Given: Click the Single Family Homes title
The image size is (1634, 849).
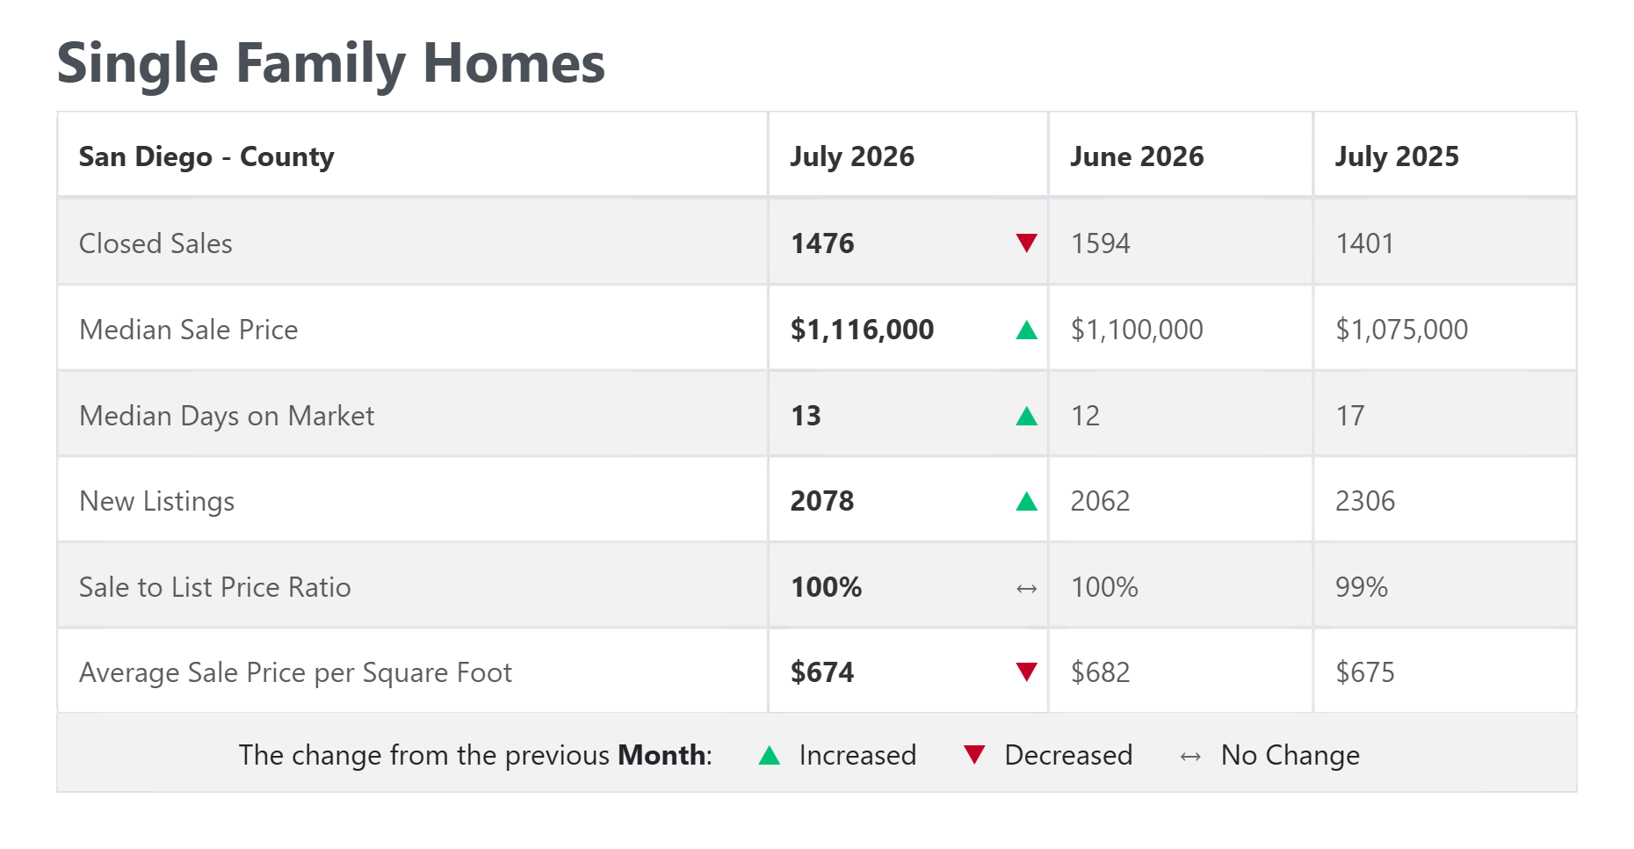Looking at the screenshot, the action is pyautogui.click(x=331, y=64).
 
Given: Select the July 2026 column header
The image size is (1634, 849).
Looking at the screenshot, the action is pyautogui.click(x=852, y=156).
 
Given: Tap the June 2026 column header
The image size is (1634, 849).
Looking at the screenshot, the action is pyautogui.click(x=1137, y=156).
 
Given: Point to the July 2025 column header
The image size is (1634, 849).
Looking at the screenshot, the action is pyautogui.click(x=1397, y=156).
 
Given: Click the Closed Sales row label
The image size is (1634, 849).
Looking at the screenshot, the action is pyautogui.click(x=155, y=243).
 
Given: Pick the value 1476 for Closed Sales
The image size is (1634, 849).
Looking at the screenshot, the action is pyautogui.click(x=822, y=243).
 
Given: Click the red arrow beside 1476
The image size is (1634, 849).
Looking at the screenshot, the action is pyautogui.click(x=1026, y=243).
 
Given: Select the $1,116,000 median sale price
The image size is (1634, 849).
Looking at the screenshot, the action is pyautogui.click(x=862, y=330).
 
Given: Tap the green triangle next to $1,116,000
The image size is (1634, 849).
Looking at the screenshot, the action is pyautogui.click(x=1026, y=330).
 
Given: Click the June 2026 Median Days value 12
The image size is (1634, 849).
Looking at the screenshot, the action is pyautogui.click(x=1085, y=416).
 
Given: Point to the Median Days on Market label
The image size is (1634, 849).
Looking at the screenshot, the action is pyautogui.click(x=227, y=416).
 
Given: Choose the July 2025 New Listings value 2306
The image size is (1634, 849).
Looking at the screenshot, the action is pyautogui.click(x=1365, y=501).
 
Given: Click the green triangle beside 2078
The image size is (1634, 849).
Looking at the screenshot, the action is pyautogui.click(x=1026, y=502).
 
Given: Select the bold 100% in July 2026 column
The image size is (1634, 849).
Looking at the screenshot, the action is pyautogui.click(x=826, y=587).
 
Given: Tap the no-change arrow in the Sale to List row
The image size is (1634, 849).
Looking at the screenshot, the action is pyautogui.click(x=1026, y=589).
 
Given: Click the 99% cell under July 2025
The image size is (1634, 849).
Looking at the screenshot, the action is pyautogui.click(x=1362, y=587).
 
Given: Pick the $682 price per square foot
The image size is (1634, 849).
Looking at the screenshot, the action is pyautogui.click(x=1100, y=672).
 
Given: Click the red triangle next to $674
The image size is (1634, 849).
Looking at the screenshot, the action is pyautogui.click(x=1026, y=672).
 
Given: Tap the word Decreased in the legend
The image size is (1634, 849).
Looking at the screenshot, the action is pyautogui.click(x=1068, y=755).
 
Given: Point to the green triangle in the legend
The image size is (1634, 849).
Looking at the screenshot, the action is pyautogui.click(x=770, y=755).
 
